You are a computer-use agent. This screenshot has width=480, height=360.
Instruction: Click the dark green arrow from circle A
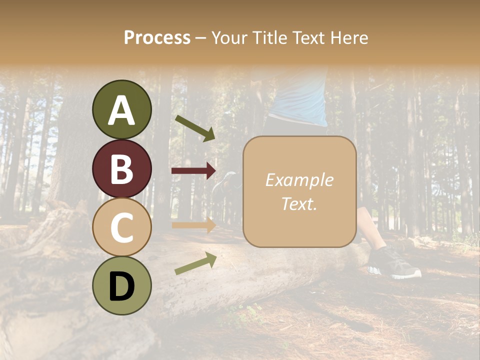click(195, 127)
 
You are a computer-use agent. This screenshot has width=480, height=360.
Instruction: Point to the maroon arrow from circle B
click(193, 171)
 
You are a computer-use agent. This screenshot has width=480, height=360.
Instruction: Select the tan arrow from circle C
click(193, 225)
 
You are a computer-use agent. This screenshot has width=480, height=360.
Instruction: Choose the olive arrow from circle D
click(195, 263)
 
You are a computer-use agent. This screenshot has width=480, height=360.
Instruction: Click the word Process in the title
click(157, 38)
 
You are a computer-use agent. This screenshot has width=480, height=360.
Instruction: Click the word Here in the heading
click(349, 38)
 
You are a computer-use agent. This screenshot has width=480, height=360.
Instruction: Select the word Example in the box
click(299, 180)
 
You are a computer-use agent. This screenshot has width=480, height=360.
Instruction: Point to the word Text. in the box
click(299, 203)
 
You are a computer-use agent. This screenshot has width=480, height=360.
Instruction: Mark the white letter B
click(121, 169)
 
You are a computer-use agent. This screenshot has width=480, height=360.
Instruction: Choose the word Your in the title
click(228, 38)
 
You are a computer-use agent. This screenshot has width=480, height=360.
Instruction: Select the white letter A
click(121, 110)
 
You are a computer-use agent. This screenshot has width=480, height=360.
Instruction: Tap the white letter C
click(121, 227)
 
